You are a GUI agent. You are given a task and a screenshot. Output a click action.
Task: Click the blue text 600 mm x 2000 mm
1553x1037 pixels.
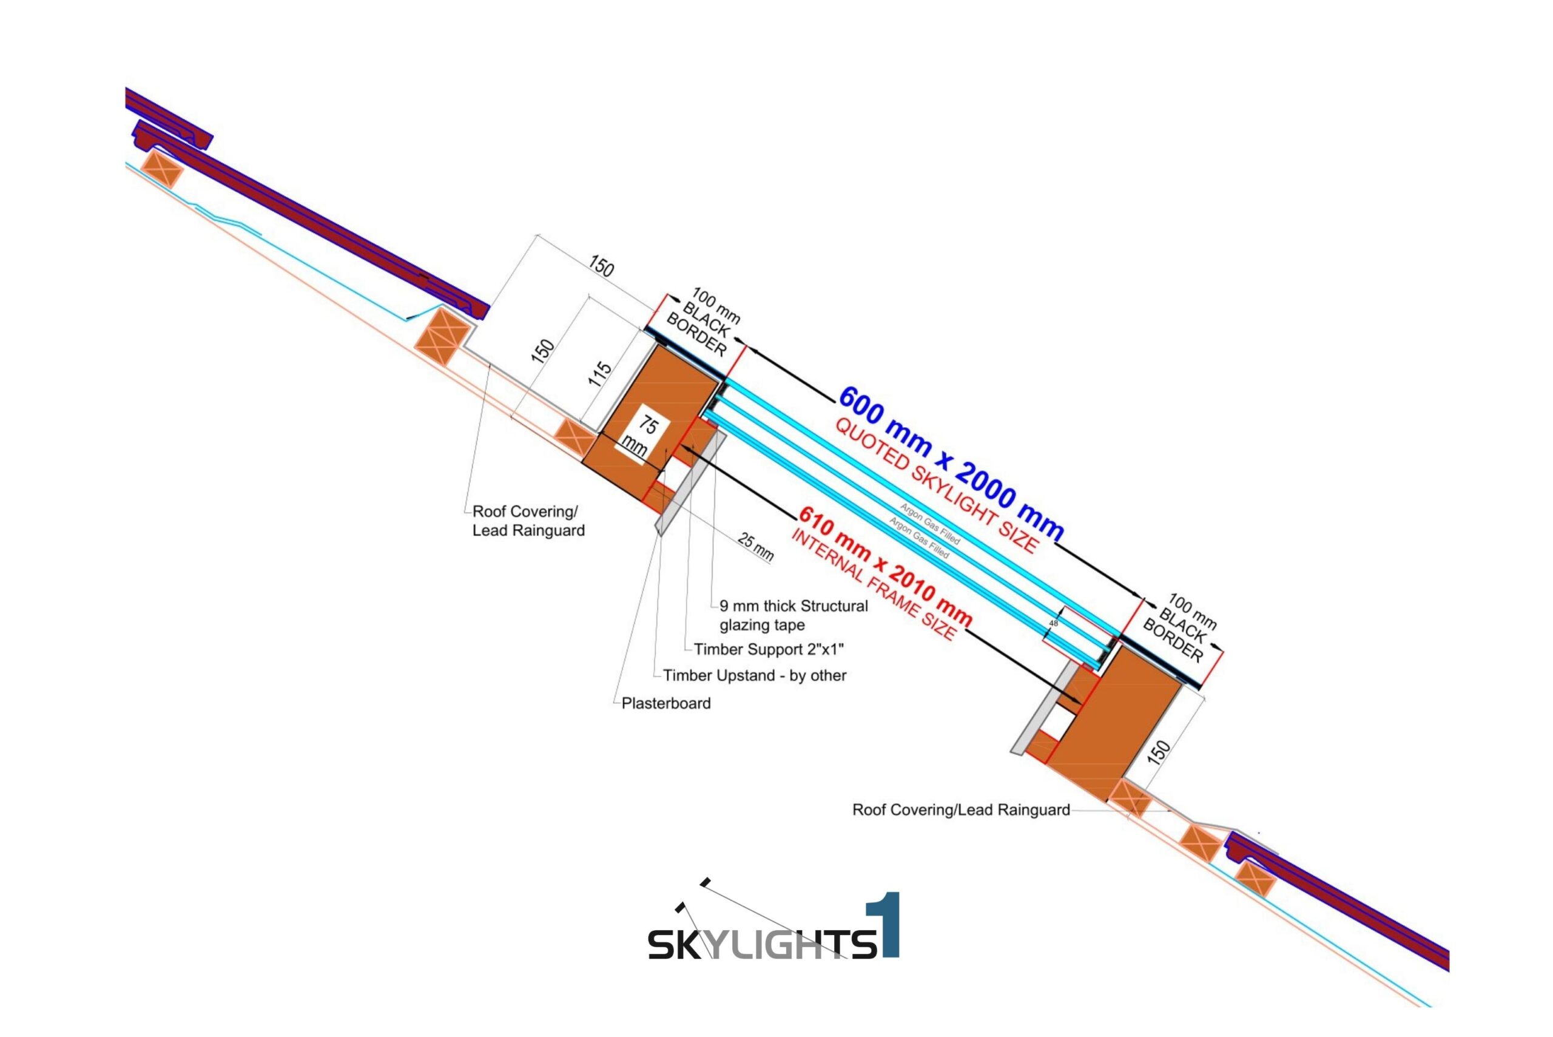point(951,464)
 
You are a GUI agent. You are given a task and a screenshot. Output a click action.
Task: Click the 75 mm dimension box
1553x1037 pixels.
point(642,436)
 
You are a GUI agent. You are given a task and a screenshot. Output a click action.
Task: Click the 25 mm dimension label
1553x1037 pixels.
point(755,547)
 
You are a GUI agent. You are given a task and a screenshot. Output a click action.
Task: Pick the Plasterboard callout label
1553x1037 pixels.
point(665,703)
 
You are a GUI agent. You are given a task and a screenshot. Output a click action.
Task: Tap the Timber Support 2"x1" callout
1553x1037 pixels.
point(769,649)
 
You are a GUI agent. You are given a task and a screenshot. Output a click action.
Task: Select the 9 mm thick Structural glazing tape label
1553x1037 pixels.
point(793,615)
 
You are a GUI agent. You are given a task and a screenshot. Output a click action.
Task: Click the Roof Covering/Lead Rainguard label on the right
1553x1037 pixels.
point(961,809)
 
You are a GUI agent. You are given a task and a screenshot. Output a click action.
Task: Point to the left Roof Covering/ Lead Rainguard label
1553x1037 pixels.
point(528,521)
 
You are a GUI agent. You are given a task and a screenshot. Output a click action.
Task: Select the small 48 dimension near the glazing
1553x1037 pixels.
point(1054,623)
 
